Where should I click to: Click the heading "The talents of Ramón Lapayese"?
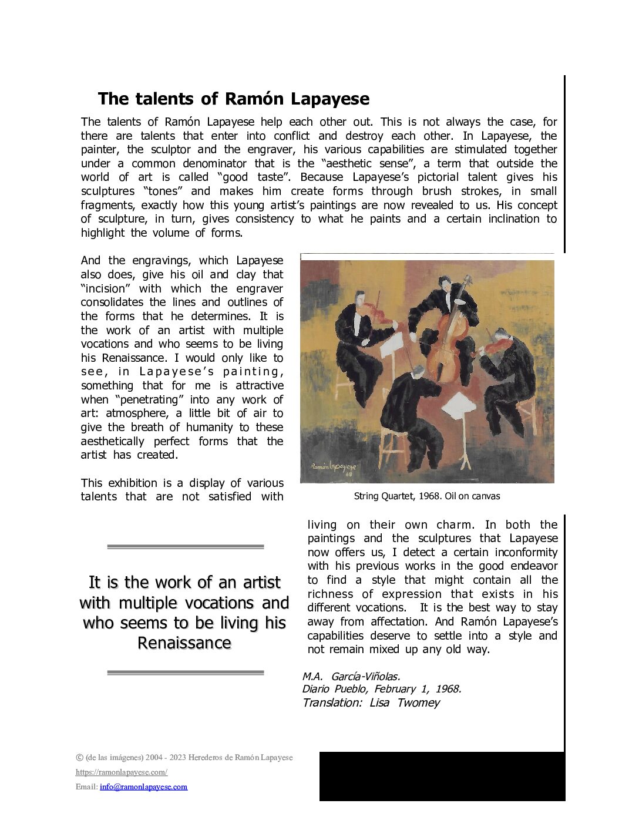pos(233,99)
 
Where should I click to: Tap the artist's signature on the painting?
pos(333,468)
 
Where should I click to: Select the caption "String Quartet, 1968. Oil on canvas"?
pos(427,496)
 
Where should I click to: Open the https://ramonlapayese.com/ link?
pos(122,772)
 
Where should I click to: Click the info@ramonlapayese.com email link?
pos(143,787)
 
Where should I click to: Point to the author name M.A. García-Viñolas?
pos(351,677)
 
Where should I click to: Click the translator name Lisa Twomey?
pos(404,703)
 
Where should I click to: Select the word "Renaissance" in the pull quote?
pos(184,643)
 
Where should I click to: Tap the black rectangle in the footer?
pos(442,776)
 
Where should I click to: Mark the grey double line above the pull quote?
pos(186,547)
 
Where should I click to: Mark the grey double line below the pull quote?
pos(186,673)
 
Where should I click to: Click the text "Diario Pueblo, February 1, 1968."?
pos(382,690)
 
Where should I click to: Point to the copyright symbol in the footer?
pos(79,757)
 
